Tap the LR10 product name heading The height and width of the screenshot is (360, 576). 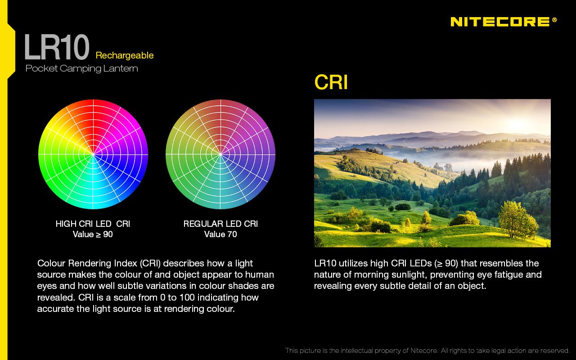tap(57, 47)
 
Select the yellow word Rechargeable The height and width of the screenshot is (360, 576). tap(125, 55)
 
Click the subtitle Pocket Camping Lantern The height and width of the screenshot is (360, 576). tap(82, 68)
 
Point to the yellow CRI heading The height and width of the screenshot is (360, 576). tap(331, 82)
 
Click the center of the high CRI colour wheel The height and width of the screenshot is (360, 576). tap(93, 154)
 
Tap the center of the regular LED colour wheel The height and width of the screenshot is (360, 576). tap(220, 154)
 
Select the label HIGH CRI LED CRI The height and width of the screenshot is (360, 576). tap(93, 224)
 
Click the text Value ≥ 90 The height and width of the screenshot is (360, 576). tap(93, 234)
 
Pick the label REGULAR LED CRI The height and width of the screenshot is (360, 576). tap(220, 224)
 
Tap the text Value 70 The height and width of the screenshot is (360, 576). tap(220, 234)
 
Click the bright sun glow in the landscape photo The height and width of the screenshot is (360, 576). tap(517, 123)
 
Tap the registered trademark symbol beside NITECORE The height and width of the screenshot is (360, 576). tap(554, 20)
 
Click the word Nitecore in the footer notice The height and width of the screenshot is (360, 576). tap(424, 351)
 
